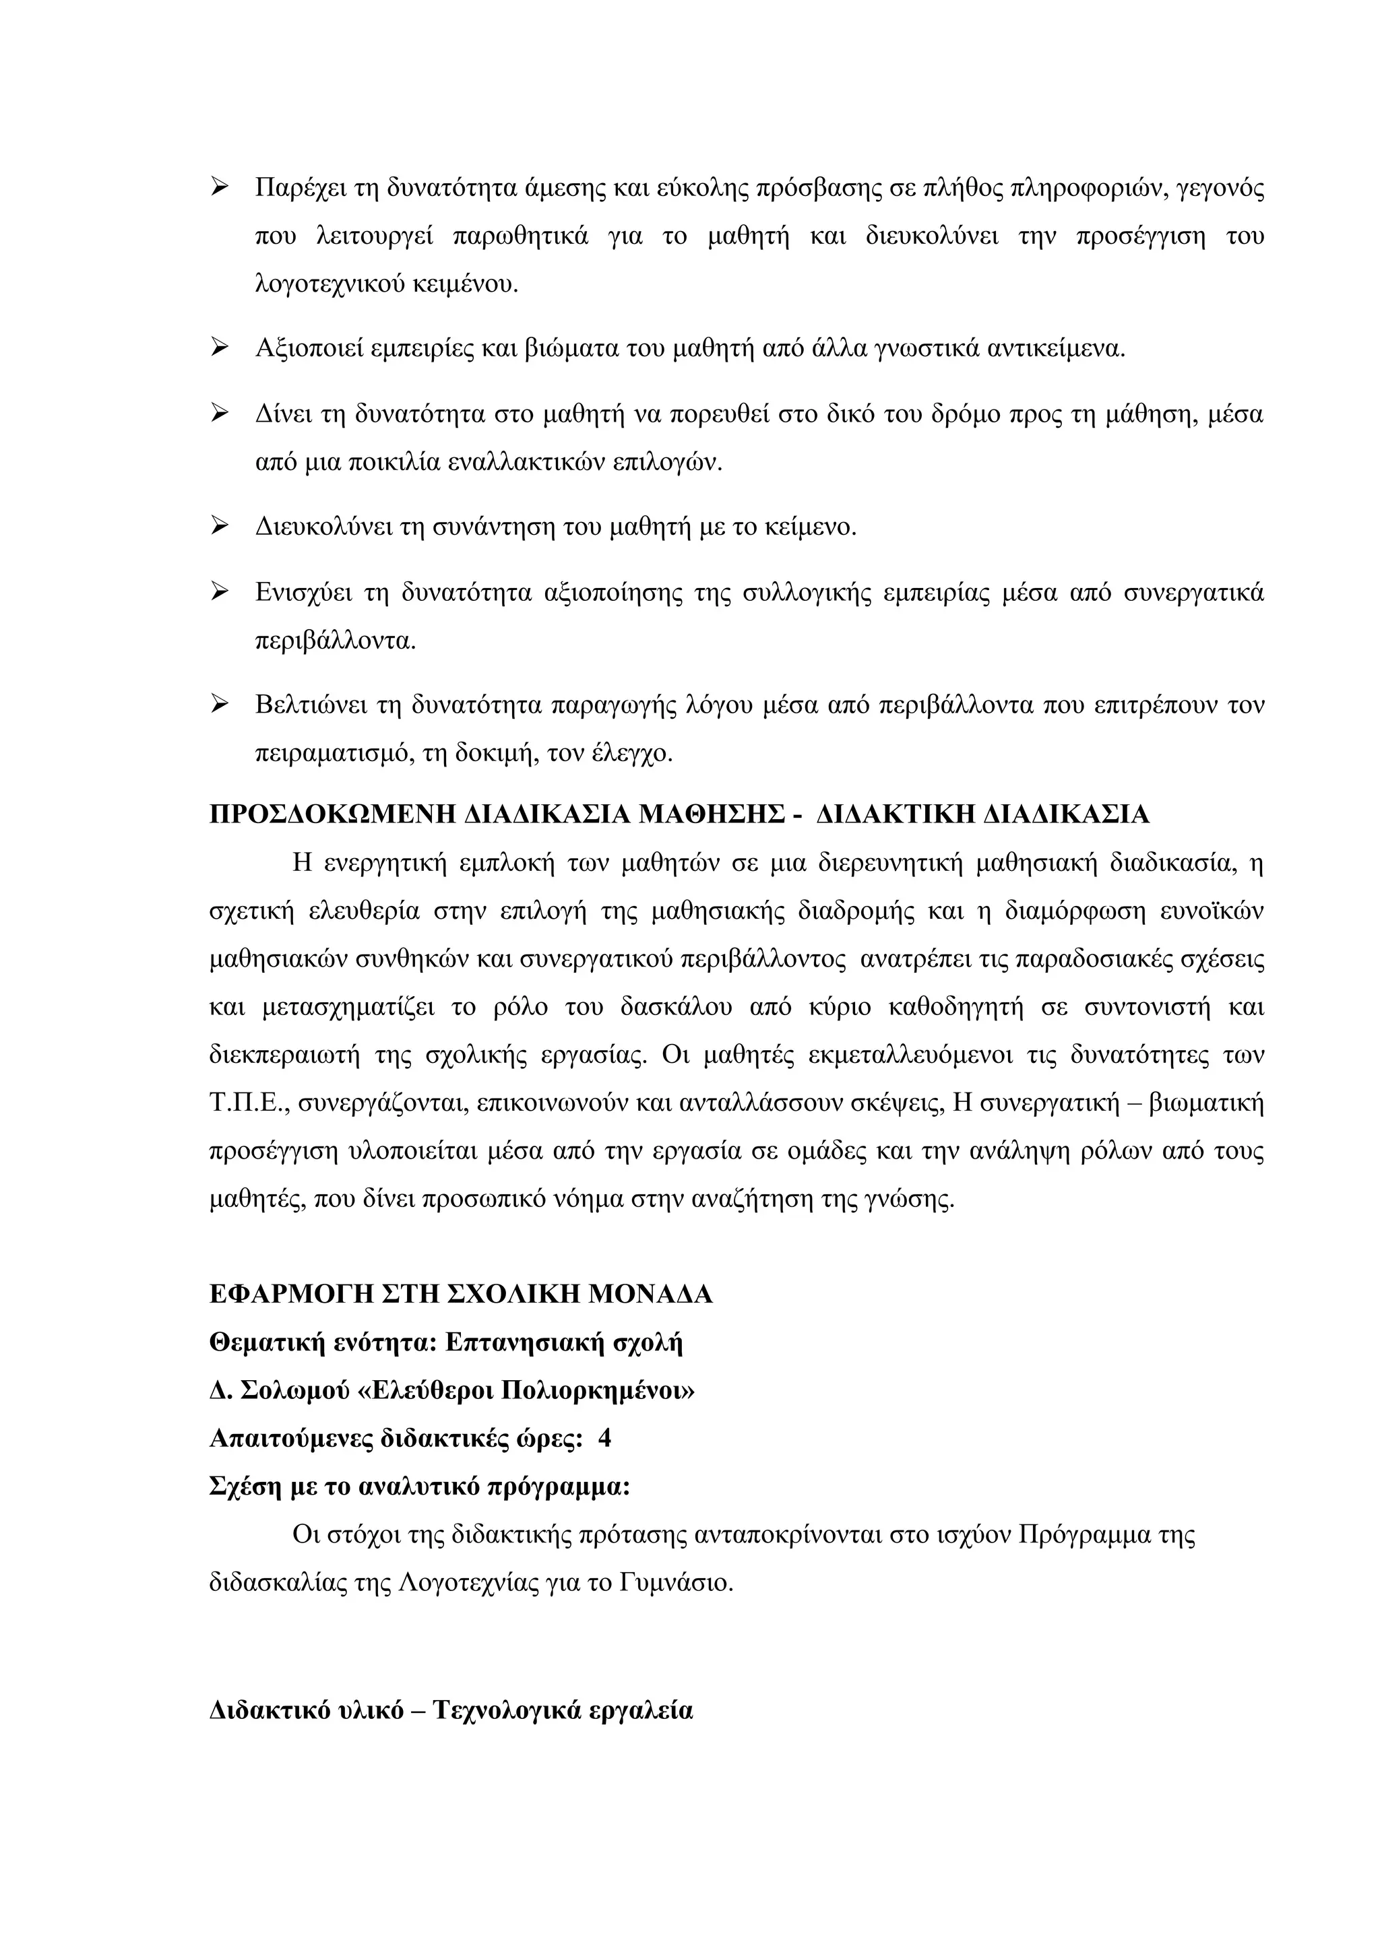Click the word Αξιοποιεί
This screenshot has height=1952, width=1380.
[x=309, y=349]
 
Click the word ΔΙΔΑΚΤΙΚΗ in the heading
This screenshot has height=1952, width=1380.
[x=893, y=814]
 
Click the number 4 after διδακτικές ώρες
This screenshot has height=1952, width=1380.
[x=604, y=1439]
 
